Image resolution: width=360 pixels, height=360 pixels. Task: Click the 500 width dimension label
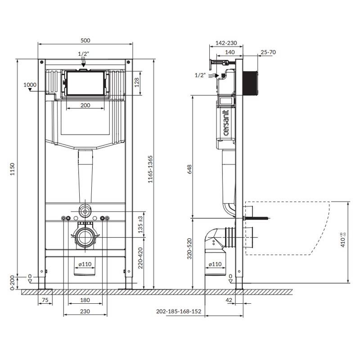click(x=85, y=40)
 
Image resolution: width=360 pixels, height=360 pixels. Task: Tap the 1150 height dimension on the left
click(x=13, y=169)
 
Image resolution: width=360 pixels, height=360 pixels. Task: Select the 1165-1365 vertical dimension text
click(x=150, y=169)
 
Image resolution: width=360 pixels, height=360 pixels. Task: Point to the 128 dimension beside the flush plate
click(x=137, y=82)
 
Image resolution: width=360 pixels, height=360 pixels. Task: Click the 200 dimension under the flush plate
click(x=85, y=105)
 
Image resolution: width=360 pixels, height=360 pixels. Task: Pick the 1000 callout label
click(x=30, y=85)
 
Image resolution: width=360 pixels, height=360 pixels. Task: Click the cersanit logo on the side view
click(x=226, y=123)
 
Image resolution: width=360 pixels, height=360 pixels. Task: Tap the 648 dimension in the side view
click(x=189, y=169)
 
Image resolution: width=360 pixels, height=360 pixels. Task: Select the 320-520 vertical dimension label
click(x=189, y=249)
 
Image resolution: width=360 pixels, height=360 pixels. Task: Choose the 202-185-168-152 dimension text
click(x=179, y=311)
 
